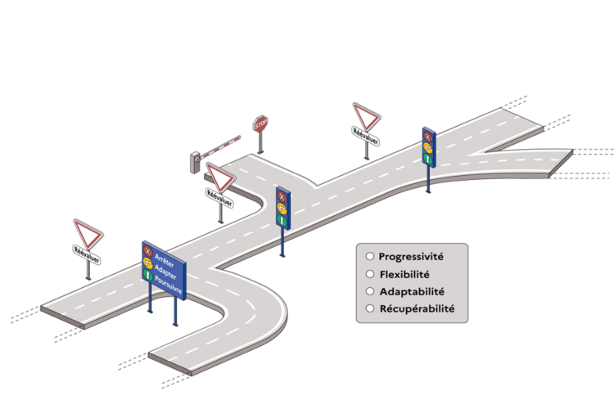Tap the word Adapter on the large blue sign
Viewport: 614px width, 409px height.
click(166, 268)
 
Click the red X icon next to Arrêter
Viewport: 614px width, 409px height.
click(147, 251)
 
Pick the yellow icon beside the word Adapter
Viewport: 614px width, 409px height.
click(148, 263)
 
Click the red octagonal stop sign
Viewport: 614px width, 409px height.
click(260, 124)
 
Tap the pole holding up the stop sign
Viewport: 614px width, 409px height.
click(261, 143)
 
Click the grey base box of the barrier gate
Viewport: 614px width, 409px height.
click(195, 162)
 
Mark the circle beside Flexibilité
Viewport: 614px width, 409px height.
click(370, 274)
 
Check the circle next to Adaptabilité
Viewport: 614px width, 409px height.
click(370, 291)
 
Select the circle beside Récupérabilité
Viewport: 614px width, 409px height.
click(370, 308)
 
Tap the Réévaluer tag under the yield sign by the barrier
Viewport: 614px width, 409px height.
click(220, 198)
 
